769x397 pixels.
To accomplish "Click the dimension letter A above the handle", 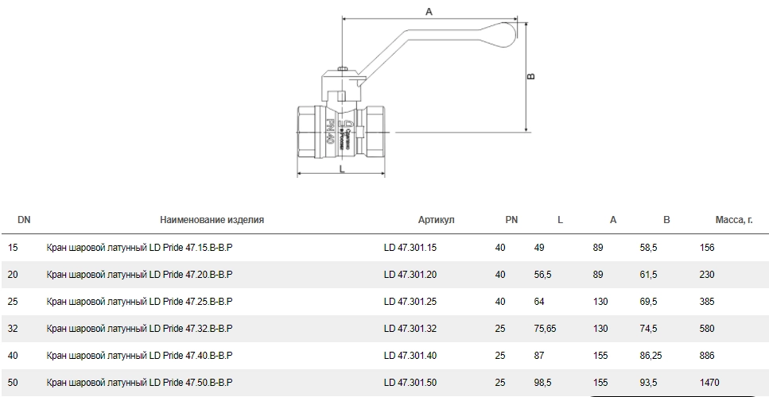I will (x=429, y=11).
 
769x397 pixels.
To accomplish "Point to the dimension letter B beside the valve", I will (x=531, y=77).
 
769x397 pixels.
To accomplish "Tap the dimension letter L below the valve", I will (x=341, y=169).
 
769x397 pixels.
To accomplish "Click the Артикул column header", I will (x=436, y=220).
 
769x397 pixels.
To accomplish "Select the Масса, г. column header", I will (x=734, y=220).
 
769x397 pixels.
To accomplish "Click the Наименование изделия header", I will (x=212, y=220).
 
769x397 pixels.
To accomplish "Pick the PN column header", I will (x=511, y=220).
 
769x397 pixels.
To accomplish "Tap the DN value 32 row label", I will (x=13, y=329).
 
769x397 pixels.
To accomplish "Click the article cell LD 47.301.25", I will (x=410, y=302).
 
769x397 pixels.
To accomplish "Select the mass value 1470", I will (x=711, y=383).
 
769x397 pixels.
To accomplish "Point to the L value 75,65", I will (x=545, y=329).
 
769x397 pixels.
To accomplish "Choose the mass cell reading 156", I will (x=707, y=248).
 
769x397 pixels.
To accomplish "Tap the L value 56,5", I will (x=543, y=275).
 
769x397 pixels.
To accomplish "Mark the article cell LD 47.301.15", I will (x=410, y=248).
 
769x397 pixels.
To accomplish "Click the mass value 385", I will (x=707, y=302).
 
